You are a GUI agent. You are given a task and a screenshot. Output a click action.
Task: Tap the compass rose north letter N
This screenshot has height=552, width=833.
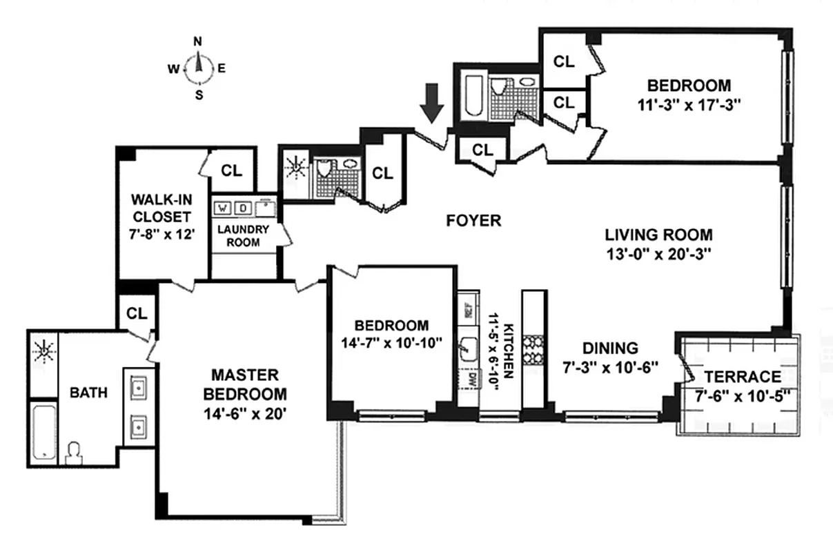coord(197,41)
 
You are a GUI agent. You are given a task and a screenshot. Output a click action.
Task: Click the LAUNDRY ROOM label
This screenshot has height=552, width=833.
coord(239,235)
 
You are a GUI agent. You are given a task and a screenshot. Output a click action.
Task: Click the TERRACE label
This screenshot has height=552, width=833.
coord(743,377)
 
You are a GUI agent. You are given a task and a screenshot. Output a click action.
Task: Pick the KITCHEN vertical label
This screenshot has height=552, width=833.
coord(507,350)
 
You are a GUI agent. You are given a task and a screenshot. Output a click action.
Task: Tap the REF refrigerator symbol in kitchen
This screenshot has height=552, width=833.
coord(467,310)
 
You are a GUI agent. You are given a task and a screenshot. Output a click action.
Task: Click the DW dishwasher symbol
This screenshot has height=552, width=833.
coord(473,378)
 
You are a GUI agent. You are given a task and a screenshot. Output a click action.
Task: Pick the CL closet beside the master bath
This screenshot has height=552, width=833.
coord(137,313)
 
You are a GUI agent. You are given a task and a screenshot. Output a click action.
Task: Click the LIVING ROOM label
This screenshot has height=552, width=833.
coord(658,235)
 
